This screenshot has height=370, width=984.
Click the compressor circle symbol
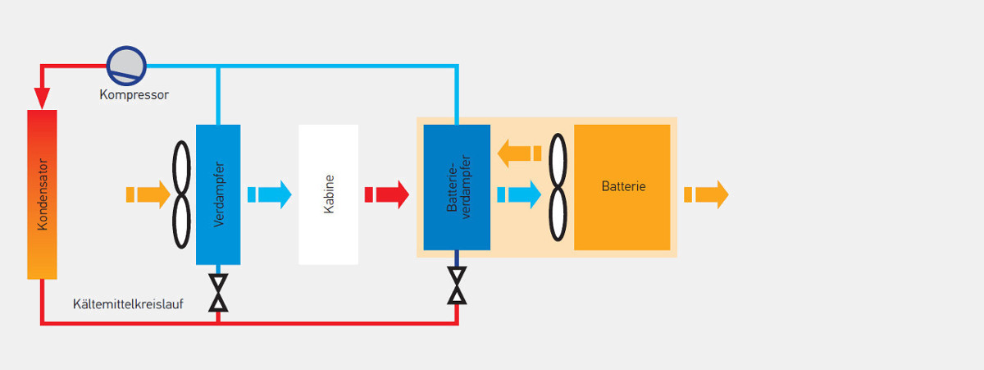point(126,64)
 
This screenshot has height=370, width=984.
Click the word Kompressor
point(134,95)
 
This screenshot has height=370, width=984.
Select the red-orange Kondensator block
point(42,194)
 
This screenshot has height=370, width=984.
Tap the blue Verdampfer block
point(218,194)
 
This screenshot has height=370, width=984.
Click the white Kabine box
point(328,194)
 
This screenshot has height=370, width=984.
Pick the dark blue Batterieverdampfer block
point(457,187)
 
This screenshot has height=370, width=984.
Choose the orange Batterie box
point(622,187)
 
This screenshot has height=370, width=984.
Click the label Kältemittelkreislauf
point(127,304)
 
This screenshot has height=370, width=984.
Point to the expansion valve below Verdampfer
point(218,293)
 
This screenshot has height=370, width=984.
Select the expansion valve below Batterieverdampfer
point(457,285)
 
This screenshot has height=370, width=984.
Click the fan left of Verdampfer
point(182,194)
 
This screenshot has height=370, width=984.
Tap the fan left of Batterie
point(558,187)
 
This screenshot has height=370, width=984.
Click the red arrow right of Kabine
point(387,194)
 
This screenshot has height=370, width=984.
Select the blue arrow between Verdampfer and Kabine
point(270,194)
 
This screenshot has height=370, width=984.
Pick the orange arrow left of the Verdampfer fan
point(148,194)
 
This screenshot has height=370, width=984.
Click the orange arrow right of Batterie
point(706,194)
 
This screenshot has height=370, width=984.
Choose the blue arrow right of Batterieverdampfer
point(519,194)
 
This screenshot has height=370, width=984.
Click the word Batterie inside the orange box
point(623,187)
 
